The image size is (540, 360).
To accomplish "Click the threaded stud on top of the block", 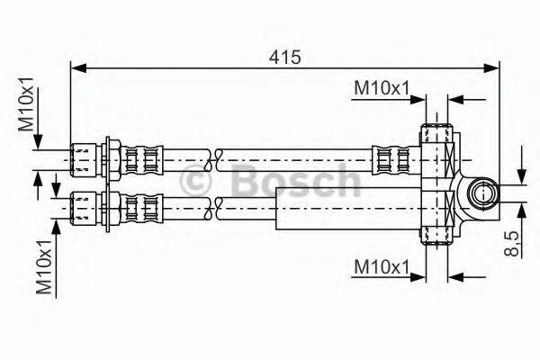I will tap(439, 126).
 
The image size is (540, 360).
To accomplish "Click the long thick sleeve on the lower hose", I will tap(346, 216).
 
